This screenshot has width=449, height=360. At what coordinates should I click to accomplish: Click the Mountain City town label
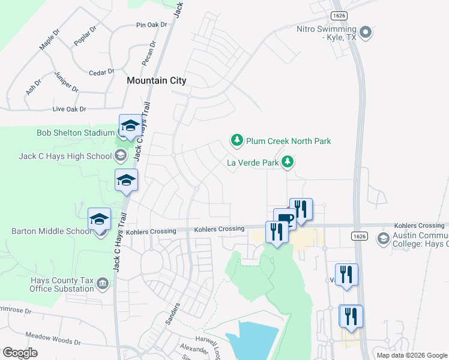(156, 80)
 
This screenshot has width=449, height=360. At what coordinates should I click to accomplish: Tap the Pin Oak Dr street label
(150, 25)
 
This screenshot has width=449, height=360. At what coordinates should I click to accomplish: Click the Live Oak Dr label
(70, 109)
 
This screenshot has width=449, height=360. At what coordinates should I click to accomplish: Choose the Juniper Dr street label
(66, 81)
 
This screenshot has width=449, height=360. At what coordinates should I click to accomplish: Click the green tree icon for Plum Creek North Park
(237, 141)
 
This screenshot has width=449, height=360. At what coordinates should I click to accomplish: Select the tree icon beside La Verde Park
(288, 162)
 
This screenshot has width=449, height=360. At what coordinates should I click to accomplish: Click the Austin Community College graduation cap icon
(383, 239)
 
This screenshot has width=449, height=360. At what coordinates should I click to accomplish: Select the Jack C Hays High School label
(65, 157)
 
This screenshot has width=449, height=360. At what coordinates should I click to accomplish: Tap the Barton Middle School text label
(51, 231)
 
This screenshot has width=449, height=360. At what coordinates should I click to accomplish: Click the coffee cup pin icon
(284, 218)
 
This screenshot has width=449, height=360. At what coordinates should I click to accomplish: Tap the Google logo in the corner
(20, 353)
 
